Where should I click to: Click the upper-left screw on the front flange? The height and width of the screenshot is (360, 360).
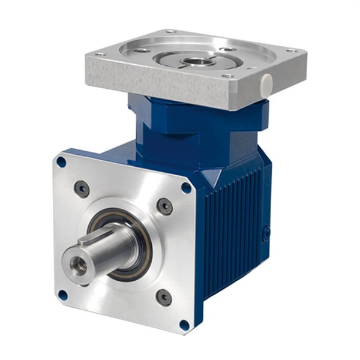82,189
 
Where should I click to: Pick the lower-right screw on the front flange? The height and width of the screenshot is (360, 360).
163,297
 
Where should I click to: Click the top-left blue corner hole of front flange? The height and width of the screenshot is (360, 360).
61,162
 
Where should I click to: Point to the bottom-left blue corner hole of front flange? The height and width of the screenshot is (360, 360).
62,295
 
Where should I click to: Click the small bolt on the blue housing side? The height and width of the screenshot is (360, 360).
266,233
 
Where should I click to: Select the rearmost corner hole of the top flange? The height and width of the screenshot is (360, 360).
170,31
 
